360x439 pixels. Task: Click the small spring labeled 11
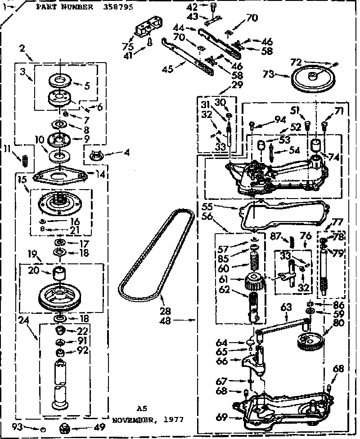(26, 159)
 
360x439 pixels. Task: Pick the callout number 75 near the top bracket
(128, 47)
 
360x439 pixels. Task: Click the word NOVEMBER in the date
(131, 419)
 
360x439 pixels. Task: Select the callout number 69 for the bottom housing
(221, 417)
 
